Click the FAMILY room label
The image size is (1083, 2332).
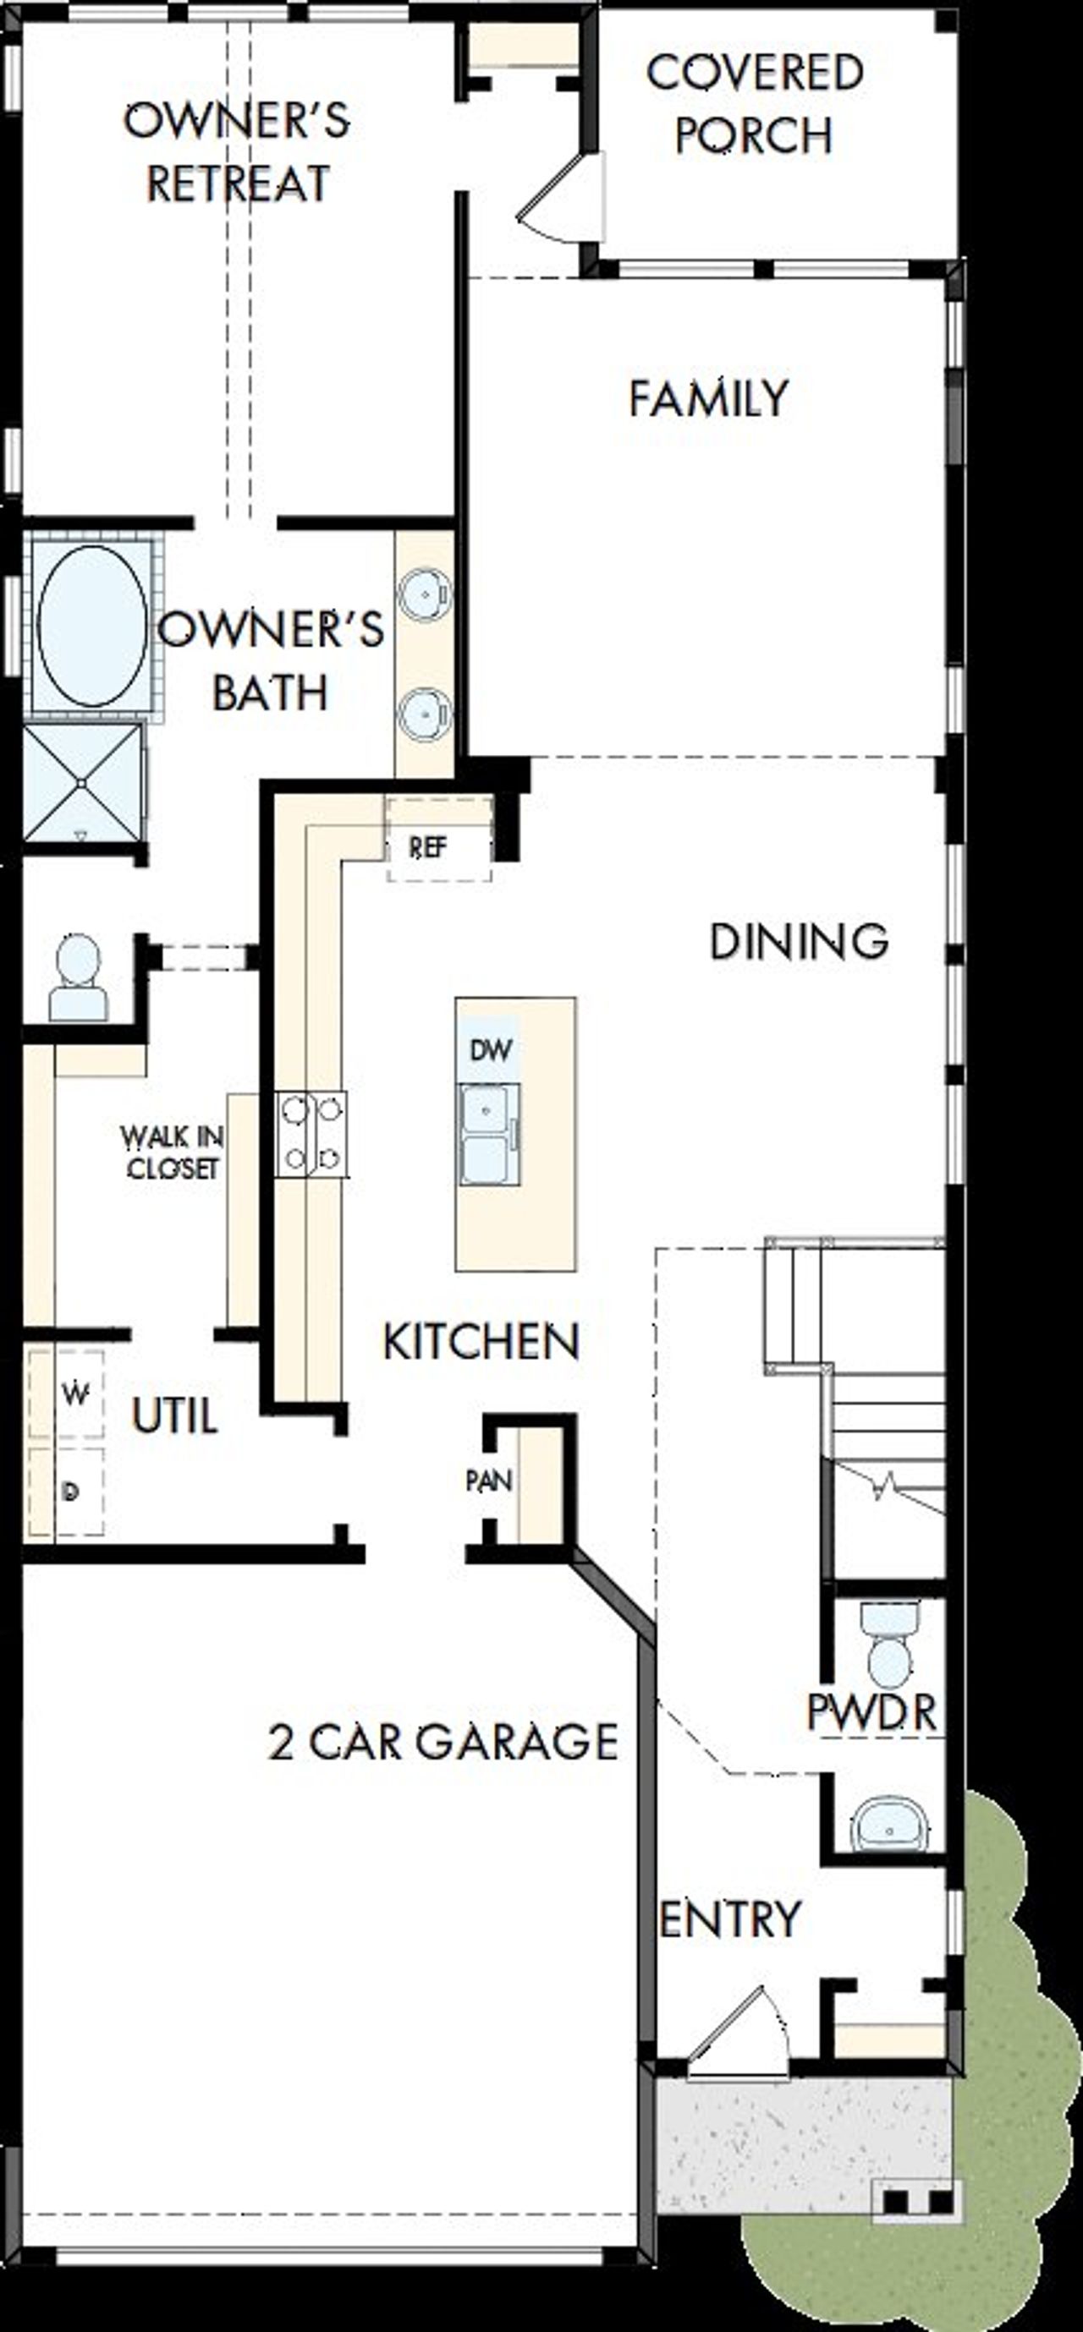point(709,398)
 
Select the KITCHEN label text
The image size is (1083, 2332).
point(481,1342)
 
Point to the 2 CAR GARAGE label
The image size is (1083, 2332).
point(443,1742)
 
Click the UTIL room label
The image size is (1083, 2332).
point(175,1415)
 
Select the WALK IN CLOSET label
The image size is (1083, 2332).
point(172,1152)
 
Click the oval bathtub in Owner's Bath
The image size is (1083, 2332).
point(91,626)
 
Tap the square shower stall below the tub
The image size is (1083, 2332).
point(82,782)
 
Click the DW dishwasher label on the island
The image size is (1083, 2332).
point(491,1050)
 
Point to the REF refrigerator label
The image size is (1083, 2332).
point(427,848)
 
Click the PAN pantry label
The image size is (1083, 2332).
point(489,1481)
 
